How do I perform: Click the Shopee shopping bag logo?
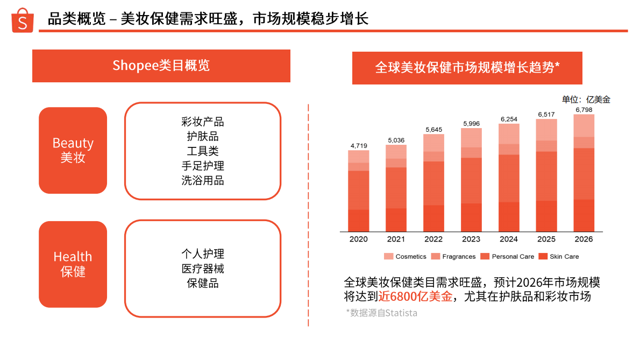[x=23, y=20]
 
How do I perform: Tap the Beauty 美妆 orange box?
[x=73, y=150]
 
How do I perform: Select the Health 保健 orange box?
[x=73, y=264]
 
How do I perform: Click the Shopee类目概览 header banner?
[x=161, y=66]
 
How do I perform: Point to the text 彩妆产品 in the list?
[x=203, y=122]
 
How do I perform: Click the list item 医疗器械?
[x=203, y=269]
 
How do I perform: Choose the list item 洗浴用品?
[x=203, y=180]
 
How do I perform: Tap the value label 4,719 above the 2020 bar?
[x=359, y=146]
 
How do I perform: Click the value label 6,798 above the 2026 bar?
[x=584, y=110]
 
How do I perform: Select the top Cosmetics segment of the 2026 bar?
[x=584, y=125]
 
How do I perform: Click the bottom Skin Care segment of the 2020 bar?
[x=359, y=220]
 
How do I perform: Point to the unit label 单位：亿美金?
[x=586, y=100]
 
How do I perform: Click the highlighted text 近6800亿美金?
[x=415, y=297]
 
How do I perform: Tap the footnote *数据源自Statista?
[x=381, y=313]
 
